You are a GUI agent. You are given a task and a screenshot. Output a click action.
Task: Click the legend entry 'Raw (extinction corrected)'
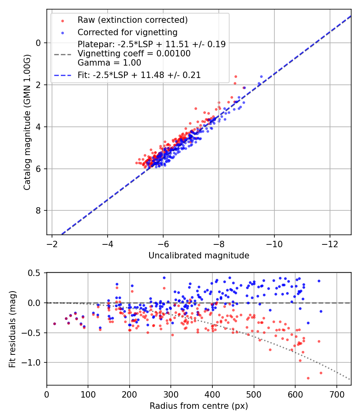click(x=132, y=20)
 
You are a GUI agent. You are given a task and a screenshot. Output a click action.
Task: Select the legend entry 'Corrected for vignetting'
click(x=128, y=32)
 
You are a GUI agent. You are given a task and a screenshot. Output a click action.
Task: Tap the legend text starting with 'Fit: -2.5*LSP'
click(x=139, y=75)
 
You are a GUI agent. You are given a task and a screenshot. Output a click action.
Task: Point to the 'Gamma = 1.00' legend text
click(x=109, y=63)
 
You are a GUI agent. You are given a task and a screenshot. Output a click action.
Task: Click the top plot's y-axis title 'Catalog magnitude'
click(x=27, y=122)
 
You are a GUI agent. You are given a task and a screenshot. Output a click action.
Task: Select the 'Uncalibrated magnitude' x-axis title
click(x=199, y=256)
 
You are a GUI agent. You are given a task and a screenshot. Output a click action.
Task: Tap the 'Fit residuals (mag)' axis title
click(x=12, y=329)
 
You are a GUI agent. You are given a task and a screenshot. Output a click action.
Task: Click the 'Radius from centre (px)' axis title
click(x=199, y=406)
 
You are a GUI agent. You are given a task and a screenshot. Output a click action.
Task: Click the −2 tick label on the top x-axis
click(x=52, y=244)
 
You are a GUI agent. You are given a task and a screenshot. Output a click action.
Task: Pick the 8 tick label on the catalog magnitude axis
click(x=38, y=210)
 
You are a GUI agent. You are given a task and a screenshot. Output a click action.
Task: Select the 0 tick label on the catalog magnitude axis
click(x=38, y=43)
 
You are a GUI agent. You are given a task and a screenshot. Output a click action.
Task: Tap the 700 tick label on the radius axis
click(x=336, y=394)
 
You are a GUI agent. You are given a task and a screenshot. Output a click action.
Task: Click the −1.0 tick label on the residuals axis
click(x=31, y=362)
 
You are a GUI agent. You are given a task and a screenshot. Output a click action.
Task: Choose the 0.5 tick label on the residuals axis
click(x=34, y=273)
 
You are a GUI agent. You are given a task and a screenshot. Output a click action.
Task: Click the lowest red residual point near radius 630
click(x=308, y=378)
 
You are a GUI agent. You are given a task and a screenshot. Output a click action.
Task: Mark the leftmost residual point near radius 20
click(x=55, y=324)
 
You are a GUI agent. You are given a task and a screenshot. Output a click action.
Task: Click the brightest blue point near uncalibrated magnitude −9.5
click(x=261, y=77)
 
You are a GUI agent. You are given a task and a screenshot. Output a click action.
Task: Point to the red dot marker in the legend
click(x=63, y=21)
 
